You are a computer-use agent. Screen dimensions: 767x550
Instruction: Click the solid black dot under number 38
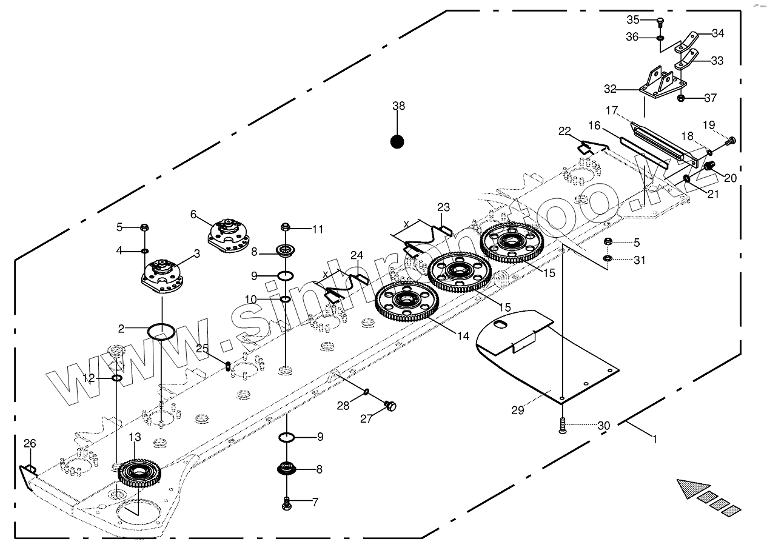[x=397, y=141]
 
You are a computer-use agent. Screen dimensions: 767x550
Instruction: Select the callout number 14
[x=463, y=336]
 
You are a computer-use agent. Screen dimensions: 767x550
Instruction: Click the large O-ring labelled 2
[x=161, y=332]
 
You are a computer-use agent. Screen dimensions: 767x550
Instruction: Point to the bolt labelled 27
[x=390, y=406]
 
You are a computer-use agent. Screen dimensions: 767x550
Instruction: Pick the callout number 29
[x=517, y=410]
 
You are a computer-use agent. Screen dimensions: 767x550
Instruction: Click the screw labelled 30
[x=562, y=426]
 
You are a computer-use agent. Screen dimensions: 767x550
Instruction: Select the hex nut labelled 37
[x=681, y=98]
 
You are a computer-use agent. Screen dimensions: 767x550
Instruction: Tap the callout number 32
[x=610, y=89]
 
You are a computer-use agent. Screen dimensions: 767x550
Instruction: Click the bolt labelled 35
[x=660, y=23]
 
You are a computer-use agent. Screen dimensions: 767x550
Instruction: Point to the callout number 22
[x=564, y=131]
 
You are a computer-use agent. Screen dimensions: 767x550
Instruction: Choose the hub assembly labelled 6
[x=229, y=236]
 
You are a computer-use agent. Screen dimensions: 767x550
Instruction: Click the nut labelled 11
[x=286, y=227]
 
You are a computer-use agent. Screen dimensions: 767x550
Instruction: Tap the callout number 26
[x=30, y=443]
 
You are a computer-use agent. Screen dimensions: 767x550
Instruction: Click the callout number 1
[x=655, y=439]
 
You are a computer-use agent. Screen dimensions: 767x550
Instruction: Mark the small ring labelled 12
[x=117, y=378]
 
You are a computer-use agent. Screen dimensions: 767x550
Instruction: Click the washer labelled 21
[x=687, y=178]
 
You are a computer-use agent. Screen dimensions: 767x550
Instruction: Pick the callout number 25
[x=202, y=348]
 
